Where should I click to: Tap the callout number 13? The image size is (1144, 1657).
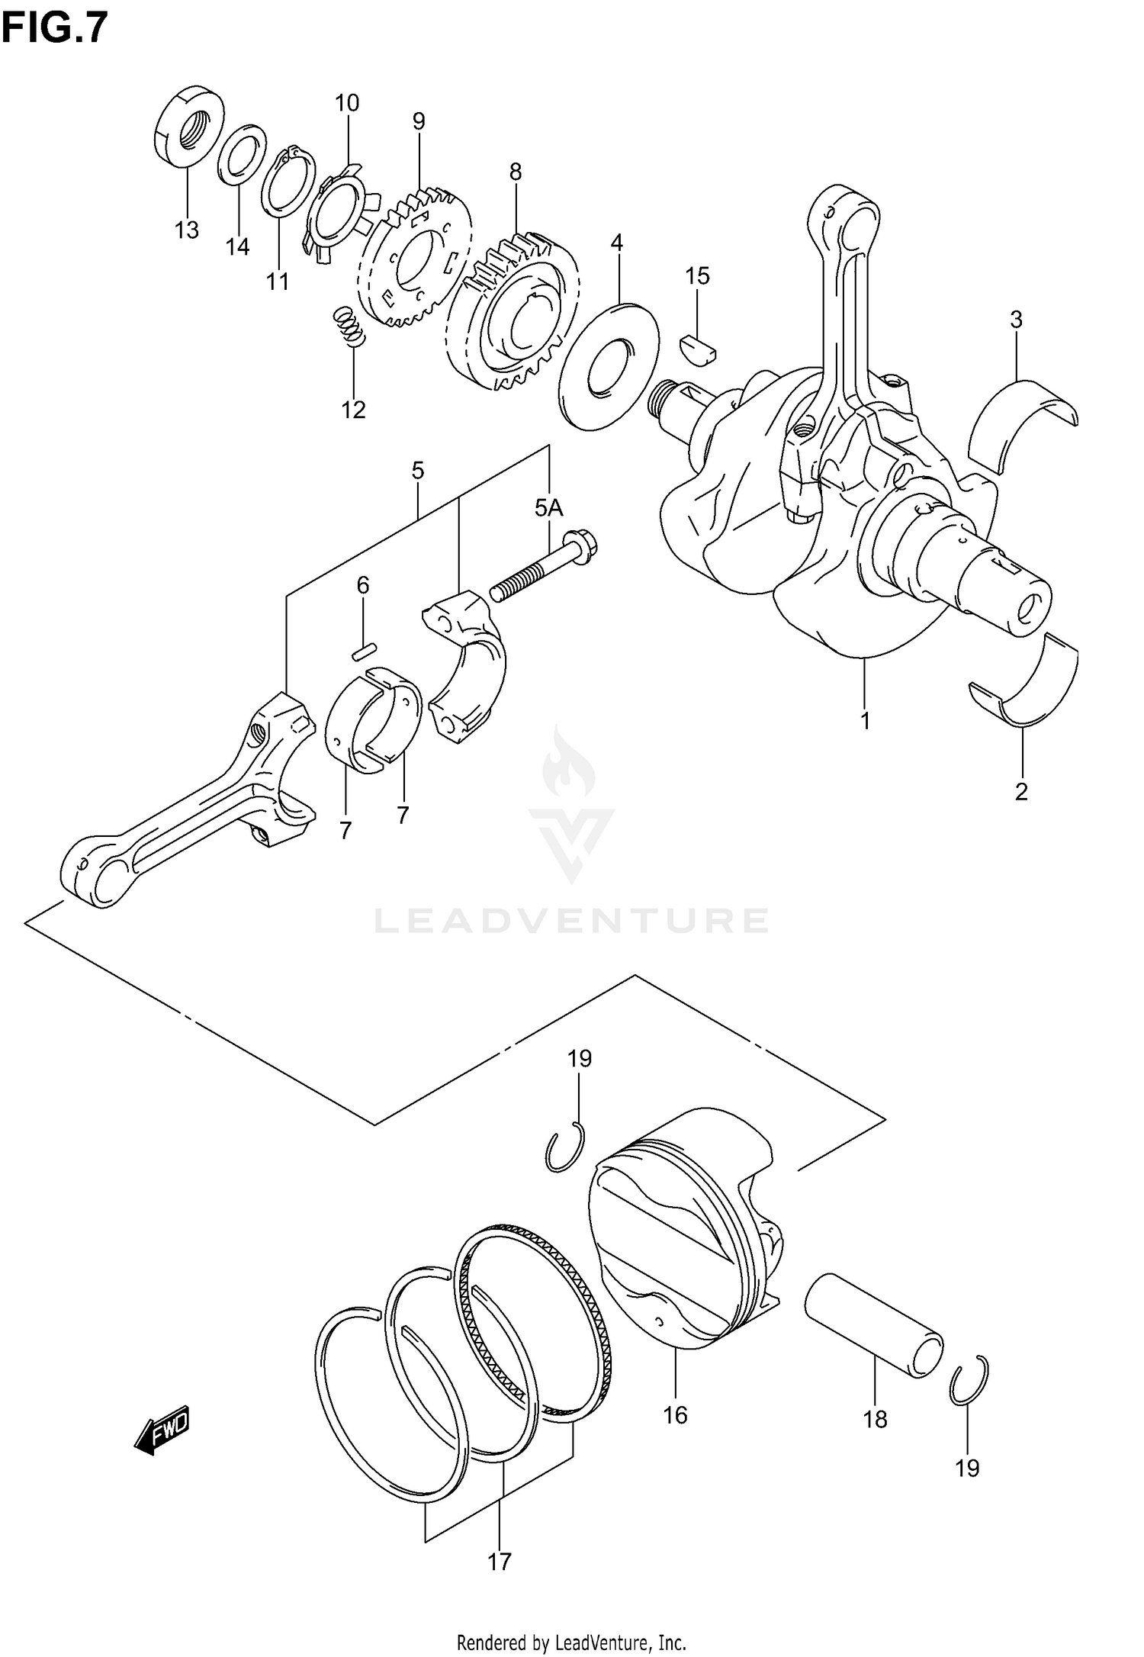pyautogui.click(x=186, y=230)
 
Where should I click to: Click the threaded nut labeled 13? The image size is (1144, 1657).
pyautogui.click(x=188, y=127)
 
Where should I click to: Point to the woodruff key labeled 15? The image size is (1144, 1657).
pyautogui.click(x=698, y=343)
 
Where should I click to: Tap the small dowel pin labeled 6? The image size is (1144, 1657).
pyautogui.click(x=364, y=651)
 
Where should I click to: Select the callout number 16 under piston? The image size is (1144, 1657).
pyautogui.click(x=675, y=1415)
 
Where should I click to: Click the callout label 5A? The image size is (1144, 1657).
pyautogui.click(x=548, y=508)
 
